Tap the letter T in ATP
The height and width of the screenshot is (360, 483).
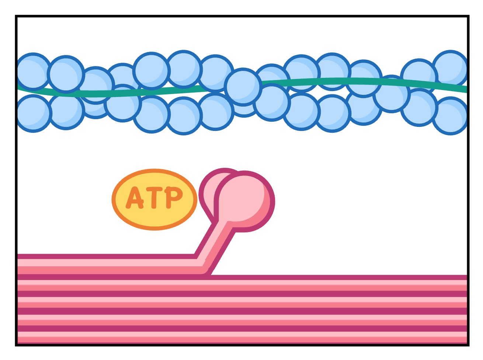click(155, 198)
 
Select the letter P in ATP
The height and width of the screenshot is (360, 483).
click(173, 197)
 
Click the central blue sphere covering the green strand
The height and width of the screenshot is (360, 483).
click(243, 87)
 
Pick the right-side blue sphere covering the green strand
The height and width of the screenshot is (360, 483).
click(392, 94)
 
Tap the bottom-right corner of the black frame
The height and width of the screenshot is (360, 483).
click(468, 345)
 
